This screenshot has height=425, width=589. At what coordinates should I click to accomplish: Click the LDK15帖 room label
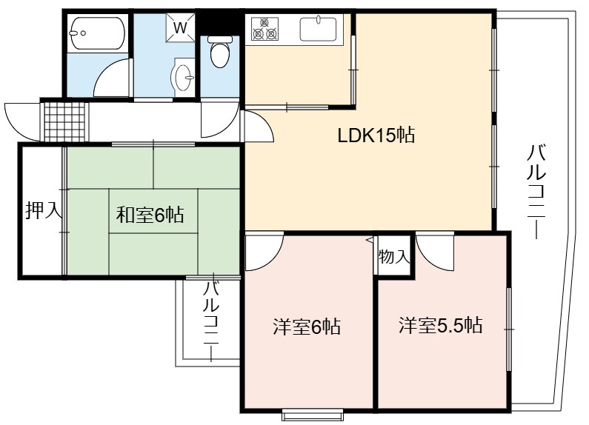tap(376, 135)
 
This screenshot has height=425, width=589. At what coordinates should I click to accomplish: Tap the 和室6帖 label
tap(150, 215)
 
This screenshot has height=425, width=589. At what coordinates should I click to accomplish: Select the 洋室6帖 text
tap(307, 327)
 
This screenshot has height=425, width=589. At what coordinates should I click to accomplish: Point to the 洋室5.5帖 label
tap(441, 325)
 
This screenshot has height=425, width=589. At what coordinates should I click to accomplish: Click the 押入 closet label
tap(43, 210)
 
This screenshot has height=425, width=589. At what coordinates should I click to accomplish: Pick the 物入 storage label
tap(393, 257)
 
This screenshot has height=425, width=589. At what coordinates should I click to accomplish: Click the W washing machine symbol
tap(181, 27)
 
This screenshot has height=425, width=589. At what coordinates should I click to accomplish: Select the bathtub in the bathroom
tap(97, 33)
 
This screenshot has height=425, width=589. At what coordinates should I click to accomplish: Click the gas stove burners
tap(264, 29)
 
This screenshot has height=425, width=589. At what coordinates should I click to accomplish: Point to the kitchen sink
tap(318, 29)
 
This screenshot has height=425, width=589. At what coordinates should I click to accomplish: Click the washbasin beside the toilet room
tap(183, 77)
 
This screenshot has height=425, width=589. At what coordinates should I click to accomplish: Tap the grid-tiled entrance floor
tap(64, 121)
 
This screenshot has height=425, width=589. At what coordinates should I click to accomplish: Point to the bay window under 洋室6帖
tap(313, 415)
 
